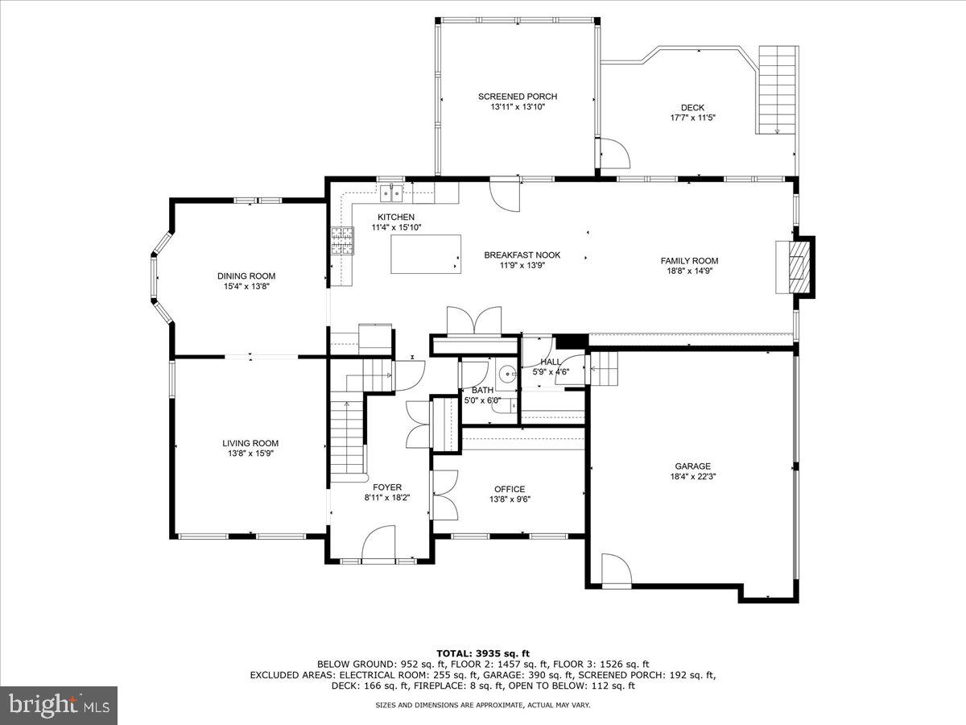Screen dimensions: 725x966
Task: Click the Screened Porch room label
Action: tap(517, 97)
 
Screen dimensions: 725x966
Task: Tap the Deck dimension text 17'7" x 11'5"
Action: tap(692, 118)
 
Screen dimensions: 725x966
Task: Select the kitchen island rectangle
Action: tap(426, 255)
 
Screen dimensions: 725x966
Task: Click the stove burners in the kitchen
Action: tap(341, 241)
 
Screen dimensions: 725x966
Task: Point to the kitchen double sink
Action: tap(392, 193)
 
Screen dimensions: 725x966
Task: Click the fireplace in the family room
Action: tap(795, 266)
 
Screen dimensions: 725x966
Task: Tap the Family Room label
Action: tap(689, 261)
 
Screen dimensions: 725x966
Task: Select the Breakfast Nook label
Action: tap(522, 255)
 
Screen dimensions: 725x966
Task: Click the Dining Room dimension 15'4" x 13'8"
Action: tap(246, 286)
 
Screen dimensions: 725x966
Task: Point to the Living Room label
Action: tap(250, 443)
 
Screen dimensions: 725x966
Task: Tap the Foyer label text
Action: tap(387, 487)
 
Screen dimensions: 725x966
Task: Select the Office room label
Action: tap(510, 489)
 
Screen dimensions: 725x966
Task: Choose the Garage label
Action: tap(692, 466)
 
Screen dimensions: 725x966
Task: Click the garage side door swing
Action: tap(616, 570)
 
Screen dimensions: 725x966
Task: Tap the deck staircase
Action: tap(778, 89)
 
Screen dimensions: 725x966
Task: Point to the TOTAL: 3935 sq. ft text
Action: tap(482, 653)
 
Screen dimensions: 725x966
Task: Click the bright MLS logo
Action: tap(59, 705)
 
